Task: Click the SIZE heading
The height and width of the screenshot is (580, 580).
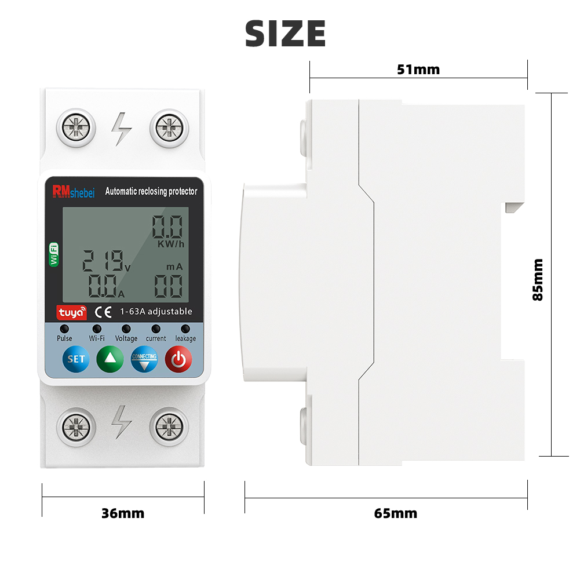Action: coord(285,33)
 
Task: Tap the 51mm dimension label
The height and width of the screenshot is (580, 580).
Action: coord(418,70)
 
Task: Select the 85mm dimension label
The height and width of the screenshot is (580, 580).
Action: coord(538,279)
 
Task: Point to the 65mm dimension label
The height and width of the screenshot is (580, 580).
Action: coord(395,513)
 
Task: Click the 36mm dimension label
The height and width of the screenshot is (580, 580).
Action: coord(122,513)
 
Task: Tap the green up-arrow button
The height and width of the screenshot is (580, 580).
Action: coord(110,359)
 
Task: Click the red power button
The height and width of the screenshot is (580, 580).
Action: coord(178,359)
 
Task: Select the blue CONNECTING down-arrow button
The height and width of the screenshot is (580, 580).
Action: coord(144,359)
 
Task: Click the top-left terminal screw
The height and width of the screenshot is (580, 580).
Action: coord(76,127)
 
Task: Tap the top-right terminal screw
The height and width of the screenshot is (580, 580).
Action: coord(169,127)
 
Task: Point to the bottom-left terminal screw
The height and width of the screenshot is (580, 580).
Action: coord(76,427)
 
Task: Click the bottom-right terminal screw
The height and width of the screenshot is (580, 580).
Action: coord(169,427)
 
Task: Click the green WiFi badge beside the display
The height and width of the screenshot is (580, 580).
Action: coord(54,254)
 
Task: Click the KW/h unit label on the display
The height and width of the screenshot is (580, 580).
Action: coord(170,244)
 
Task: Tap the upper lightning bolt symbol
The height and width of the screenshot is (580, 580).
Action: coord(122,128)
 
